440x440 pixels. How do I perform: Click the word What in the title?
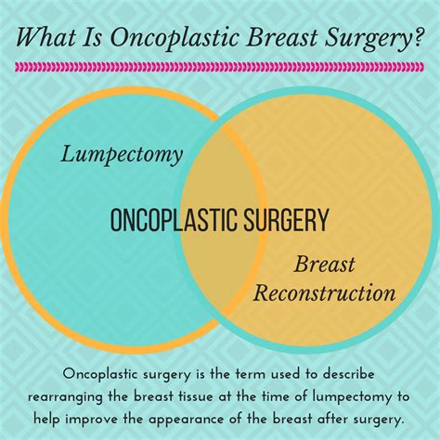coord(45,36)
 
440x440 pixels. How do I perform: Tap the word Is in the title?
coord(93,36)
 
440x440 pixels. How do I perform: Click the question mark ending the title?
coord(415,36)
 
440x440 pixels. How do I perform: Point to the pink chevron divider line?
coord(219,67)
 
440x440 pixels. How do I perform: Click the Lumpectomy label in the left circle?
coord(122,155)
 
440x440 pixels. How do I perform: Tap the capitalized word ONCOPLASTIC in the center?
coord(175,220)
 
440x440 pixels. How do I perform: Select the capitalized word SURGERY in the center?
coord(286,220)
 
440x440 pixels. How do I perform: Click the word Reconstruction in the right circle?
coord(324,292)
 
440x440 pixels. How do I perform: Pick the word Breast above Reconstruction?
coord(324,264)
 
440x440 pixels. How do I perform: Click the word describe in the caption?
coord(348,374)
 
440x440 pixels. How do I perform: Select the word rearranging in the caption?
coord(65,397)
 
